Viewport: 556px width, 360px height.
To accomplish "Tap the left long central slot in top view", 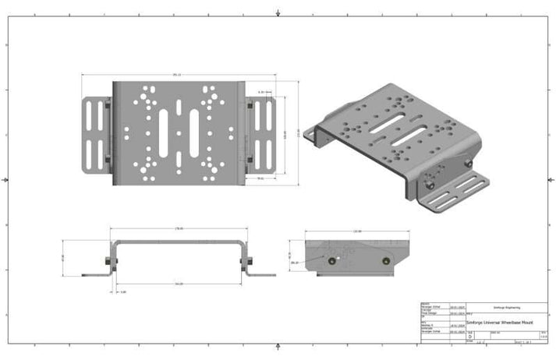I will click(164, 132).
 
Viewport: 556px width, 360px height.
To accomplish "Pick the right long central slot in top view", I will click(194, 132).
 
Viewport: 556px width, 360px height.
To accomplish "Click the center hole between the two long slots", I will click(179, 133).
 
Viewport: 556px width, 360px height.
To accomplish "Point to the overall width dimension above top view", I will click(177, 75).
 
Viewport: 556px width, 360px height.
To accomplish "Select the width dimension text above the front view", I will click(179, 228).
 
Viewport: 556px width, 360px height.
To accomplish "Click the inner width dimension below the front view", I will click(179, 284).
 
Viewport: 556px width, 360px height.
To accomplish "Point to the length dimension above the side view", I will click(358, 231).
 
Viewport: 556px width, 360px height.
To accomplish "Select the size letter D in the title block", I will click(470, 336).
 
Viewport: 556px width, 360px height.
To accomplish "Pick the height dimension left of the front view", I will click(63, 256).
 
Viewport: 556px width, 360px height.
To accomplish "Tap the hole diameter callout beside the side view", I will click(294, 263).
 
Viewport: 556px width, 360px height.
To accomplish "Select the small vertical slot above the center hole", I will click(179, 107).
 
